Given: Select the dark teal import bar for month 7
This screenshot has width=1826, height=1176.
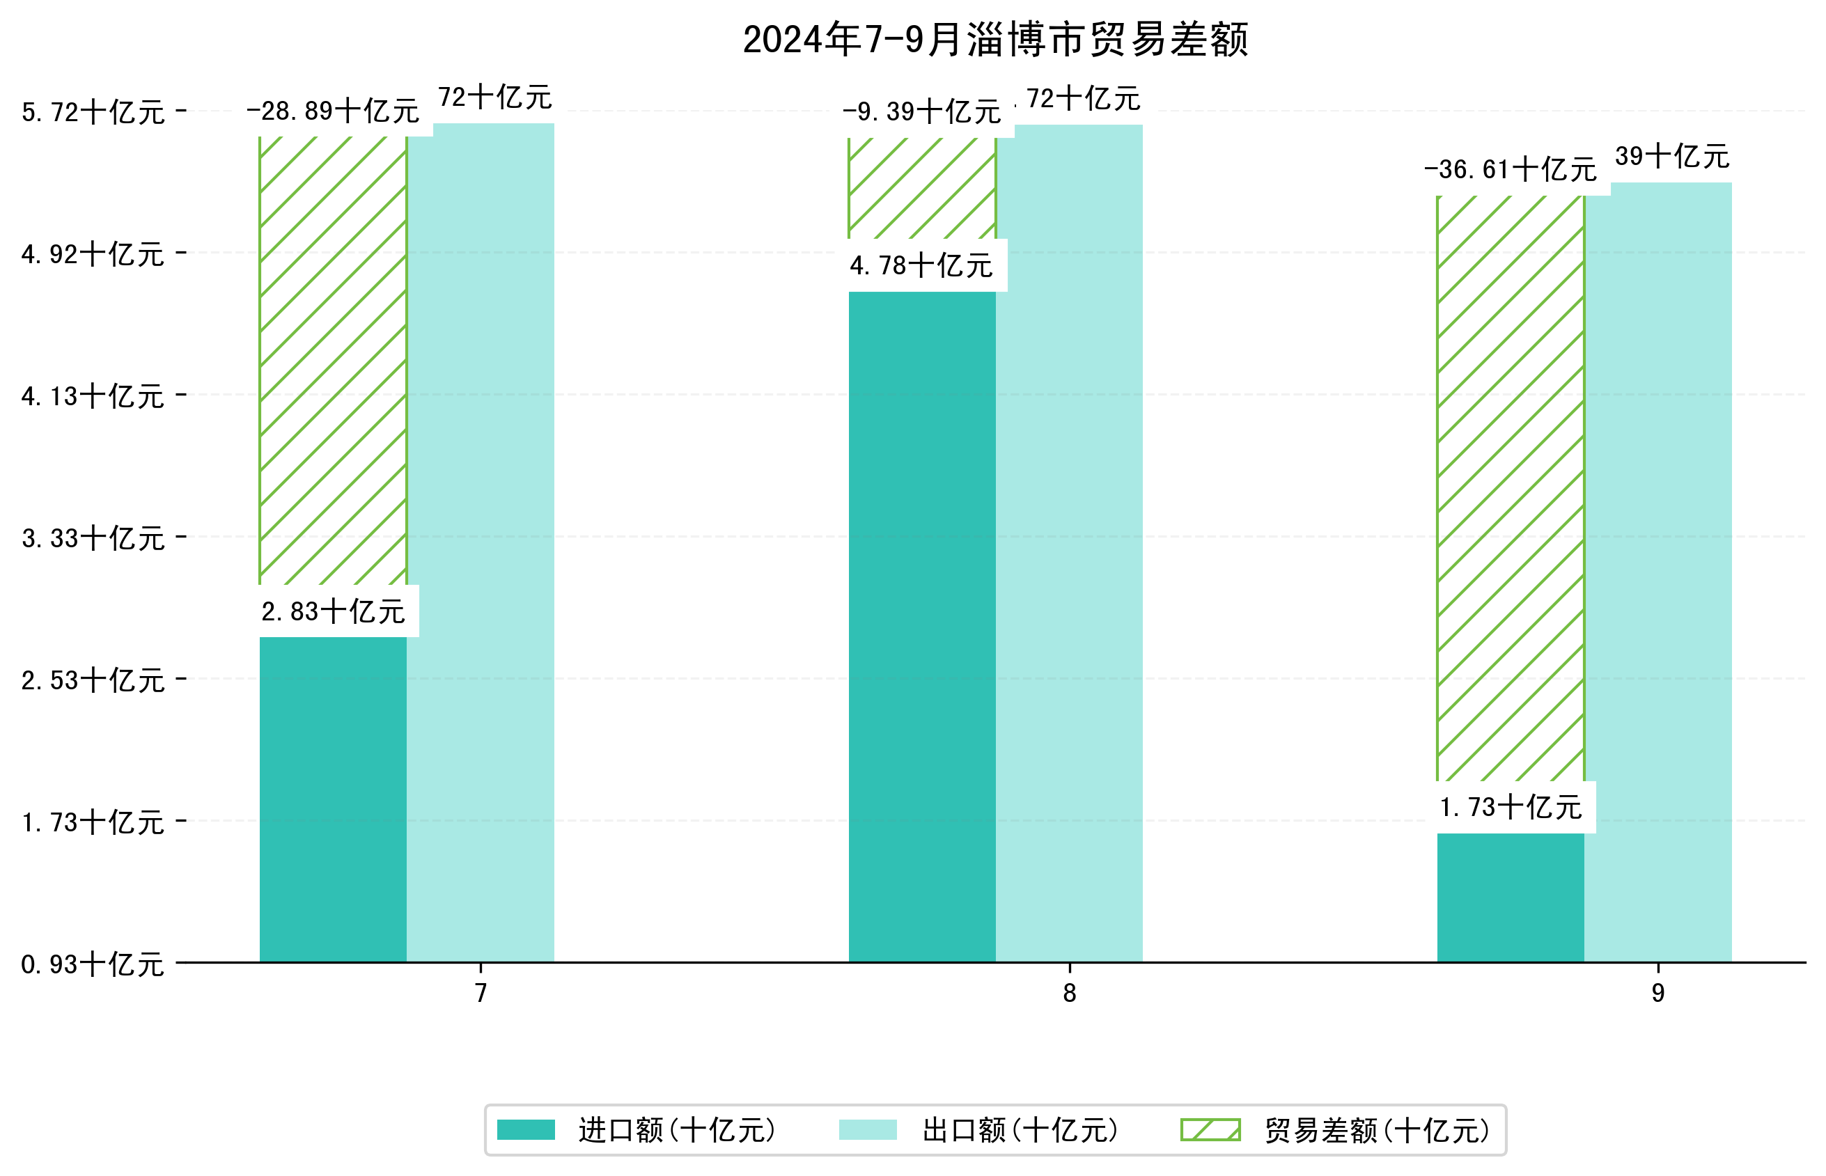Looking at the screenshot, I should click(x=332, y=798).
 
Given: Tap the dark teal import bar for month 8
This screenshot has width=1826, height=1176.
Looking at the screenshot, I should click(x=921, y=626).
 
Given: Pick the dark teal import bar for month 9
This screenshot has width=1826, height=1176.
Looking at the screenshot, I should click(x=1510, y=897).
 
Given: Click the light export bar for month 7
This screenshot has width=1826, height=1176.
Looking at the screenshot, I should click(x=480, y=542).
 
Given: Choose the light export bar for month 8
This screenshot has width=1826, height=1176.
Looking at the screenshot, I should click(x=1068, y=542).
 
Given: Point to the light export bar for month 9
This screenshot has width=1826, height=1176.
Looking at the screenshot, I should click(x=1657, y=573).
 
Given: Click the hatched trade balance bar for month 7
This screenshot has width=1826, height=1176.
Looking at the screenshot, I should click(x=332, y=359).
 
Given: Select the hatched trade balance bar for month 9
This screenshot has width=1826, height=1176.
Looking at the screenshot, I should click(x=1510, y=489).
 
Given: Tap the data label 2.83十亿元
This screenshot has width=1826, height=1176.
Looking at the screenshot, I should click(x=332, y=611).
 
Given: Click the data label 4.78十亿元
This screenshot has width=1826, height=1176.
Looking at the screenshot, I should click(x=921, y=266).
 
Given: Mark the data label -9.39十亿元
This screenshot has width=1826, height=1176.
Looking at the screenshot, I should click(x=921, y=111).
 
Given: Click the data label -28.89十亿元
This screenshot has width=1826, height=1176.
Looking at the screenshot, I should click(x=332, y=111).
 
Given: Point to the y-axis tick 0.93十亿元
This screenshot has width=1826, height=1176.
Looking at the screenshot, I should click(x=93, y=964).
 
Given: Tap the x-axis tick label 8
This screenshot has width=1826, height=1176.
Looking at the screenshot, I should click(x=1068, y=993).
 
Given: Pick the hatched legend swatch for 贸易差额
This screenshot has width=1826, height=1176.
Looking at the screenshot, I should click(x=1210, y=1130).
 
